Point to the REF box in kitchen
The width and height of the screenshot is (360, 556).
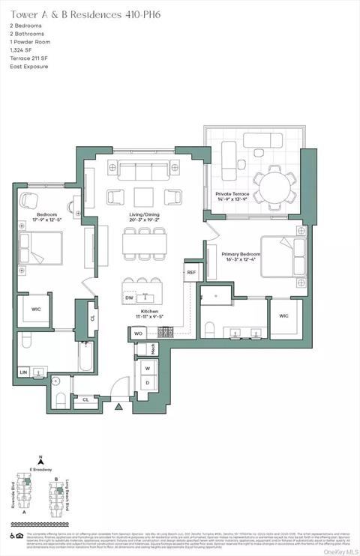point(191,272)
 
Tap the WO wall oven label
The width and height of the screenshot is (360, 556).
point(139,333)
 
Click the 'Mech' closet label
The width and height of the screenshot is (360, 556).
point(153,349)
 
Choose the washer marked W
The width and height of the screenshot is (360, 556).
point(146,368)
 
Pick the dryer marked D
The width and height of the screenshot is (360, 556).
point(146,383)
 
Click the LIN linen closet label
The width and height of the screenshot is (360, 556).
point(22,372)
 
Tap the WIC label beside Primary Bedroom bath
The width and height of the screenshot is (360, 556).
point(283,315)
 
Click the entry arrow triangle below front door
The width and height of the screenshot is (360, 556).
point(118,408)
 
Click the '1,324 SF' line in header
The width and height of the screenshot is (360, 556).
point(23,49)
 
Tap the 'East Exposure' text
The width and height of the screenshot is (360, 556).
point(29,66)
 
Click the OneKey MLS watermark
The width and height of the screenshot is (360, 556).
point(339,551)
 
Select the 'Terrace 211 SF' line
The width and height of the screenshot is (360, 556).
point(29,58)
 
